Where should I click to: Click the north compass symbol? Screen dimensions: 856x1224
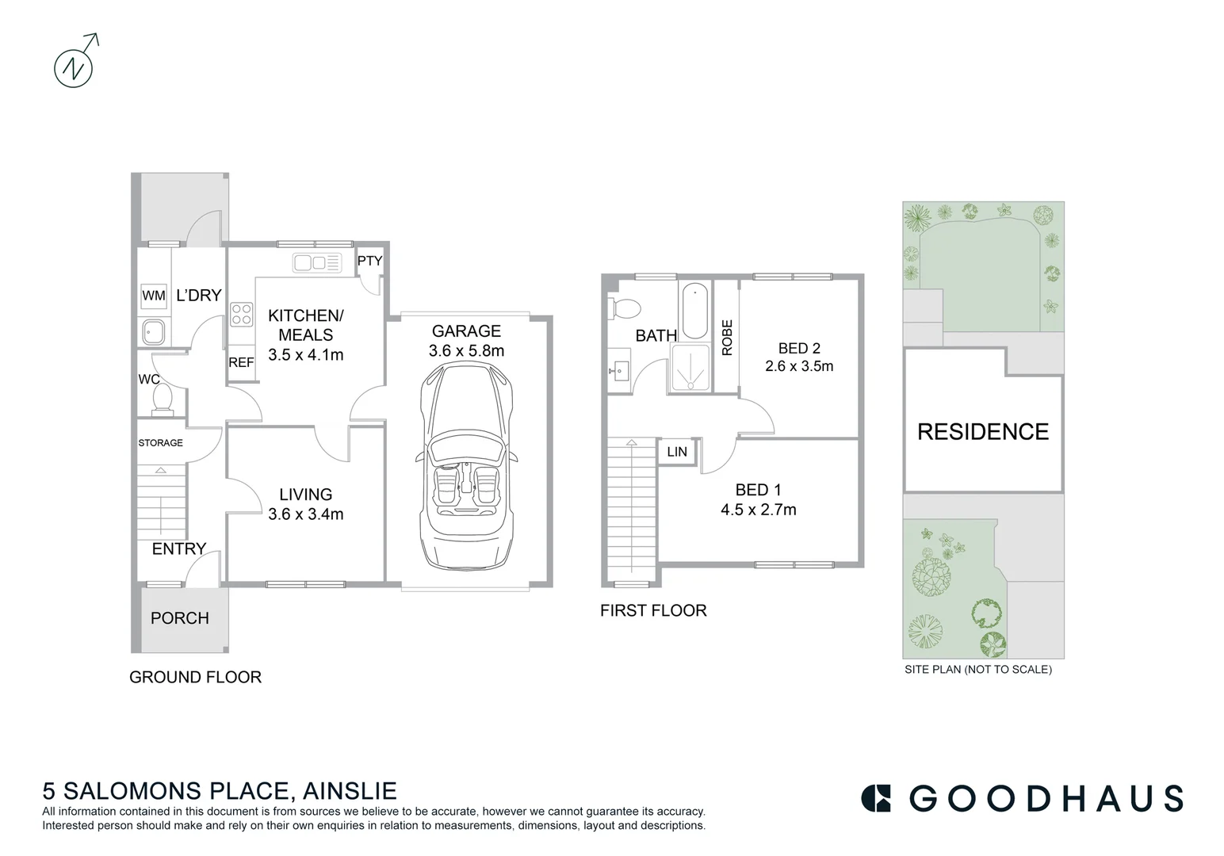[x=74, y=67]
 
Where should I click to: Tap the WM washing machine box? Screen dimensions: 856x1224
[x=154, y=296]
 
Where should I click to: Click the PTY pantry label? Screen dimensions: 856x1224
[x=369, y=261]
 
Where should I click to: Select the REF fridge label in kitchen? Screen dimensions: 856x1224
[x=241, y=362]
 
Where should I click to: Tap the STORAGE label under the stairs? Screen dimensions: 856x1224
[x=161, y=443]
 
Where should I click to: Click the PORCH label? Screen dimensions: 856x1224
[x=180, y=618]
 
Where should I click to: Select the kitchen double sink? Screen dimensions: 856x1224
[x=316, y=262]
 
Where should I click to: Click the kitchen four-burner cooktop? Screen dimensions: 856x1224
[x=242, y=315]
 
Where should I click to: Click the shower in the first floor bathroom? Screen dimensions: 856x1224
[x=690, y=369]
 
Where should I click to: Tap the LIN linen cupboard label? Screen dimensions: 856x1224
[x=677, y=452]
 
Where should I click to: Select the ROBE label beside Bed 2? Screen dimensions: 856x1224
[x=727, y=337]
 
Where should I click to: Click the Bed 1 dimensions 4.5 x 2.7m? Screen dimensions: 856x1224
[x=759, y=510]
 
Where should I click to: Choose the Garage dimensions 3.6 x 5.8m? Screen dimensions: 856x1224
[x=466, y=351]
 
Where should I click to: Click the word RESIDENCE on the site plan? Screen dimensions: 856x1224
[x=983, y=432]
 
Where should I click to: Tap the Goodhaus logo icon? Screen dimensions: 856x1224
[x=877, y=798]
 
